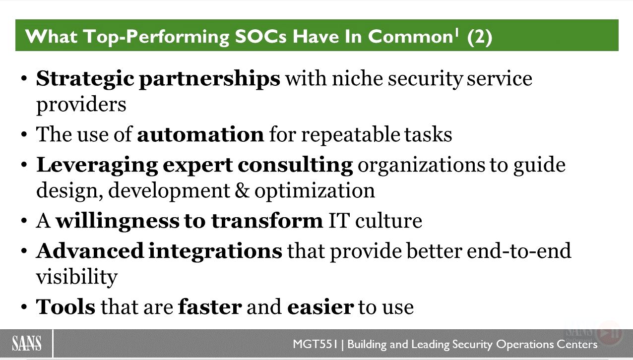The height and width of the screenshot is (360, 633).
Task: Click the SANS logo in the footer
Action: (x=27, y=343)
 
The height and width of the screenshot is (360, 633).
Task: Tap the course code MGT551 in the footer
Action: (x=315, y=344)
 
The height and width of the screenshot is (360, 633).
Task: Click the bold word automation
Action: (x=200, y=134)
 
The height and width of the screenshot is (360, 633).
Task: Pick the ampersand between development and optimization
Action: (x=242, y=190)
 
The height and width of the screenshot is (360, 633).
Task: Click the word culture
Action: (x=388, y=220)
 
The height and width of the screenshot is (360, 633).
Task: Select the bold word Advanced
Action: (x=90, y=250)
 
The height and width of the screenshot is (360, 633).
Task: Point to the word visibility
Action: (x=77, y=277)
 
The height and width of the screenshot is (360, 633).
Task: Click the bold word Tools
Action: (x=66, y=307)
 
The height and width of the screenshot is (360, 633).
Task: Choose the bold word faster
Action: (x=210, y=307)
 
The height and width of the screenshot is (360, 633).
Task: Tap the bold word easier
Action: (x=320, y=307)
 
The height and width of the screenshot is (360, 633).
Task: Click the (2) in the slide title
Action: (x=480, y=37)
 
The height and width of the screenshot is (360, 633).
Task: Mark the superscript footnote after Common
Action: (x=456, y=33)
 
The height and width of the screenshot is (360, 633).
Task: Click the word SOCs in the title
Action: (x=261, y=37)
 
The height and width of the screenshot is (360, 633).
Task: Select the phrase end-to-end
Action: (x=519, y=250)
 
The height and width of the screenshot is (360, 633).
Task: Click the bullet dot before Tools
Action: (x=24, y=306)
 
